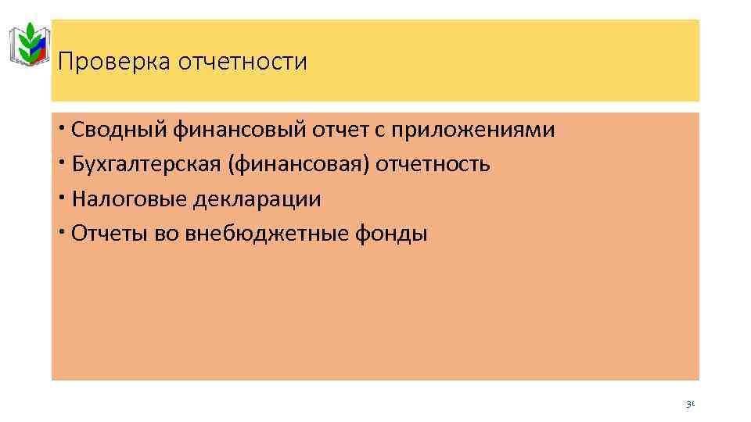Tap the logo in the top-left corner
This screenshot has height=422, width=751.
(31, 45)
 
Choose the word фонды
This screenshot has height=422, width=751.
(399, 234)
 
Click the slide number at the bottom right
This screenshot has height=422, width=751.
(690, 405)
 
